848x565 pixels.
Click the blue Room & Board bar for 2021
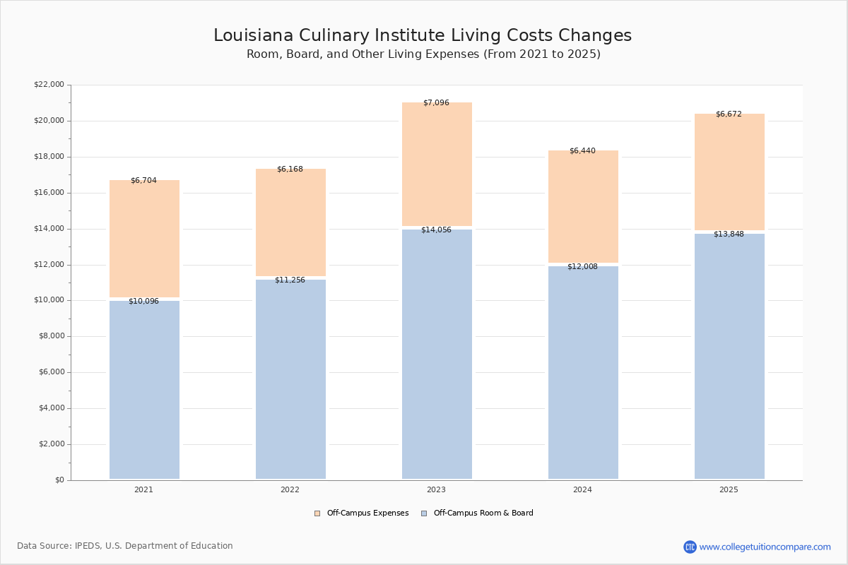(144, 390)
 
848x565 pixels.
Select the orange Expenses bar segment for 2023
(437, 165)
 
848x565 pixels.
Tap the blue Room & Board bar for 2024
(583, 373)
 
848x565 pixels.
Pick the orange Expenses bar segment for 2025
(729, 172)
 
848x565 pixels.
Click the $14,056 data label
(436, 230)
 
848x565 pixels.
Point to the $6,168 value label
(290, 169)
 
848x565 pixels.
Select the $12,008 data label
(582, 266)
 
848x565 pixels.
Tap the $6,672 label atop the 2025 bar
(729, 114)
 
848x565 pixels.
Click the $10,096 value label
(143, 302)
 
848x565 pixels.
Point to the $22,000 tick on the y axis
(49, 84)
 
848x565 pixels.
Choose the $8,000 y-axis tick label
(52, 336)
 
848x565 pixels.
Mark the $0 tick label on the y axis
(60, 480)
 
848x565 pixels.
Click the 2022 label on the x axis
(290, 489)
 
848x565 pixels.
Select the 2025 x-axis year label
(729, 489)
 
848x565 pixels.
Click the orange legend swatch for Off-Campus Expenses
(317, 513)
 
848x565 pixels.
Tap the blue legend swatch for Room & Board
(424, 513)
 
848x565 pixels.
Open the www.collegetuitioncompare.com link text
(765, 547)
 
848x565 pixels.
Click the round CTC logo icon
(690, 547)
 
